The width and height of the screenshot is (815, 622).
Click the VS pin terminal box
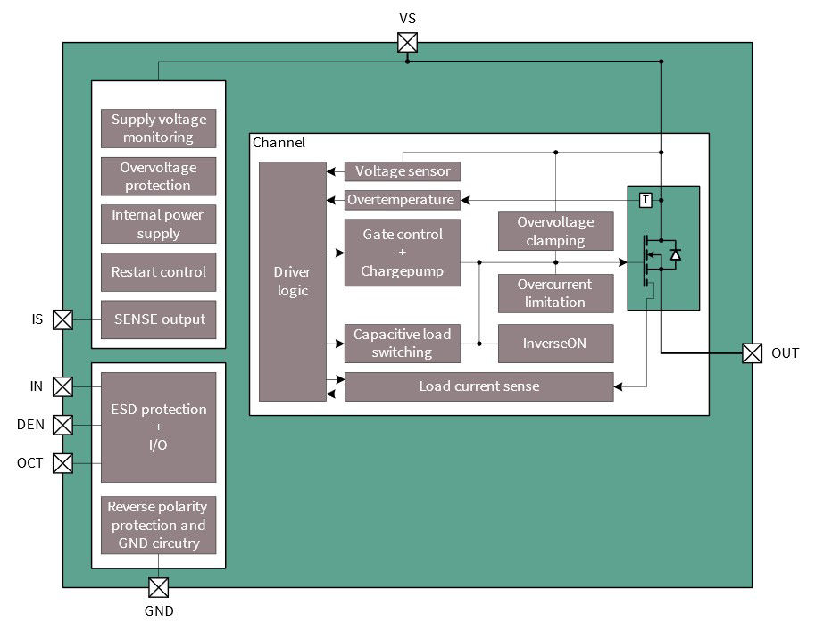(x=407, y=43)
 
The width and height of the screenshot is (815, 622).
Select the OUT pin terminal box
(x=753, y=353)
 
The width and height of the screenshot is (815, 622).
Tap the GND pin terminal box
(x=158, y=586)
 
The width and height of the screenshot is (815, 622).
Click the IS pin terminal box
(x=62, y=319)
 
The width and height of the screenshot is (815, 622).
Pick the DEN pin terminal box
(x=62, y=425)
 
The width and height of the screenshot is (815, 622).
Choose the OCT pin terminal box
(x=62, y=462)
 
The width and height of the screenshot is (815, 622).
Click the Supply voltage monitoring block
(x=158, y=129)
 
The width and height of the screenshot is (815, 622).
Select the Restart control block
(x=158, y=272)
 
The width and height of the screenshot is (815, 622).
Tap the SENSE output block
(x=158, y=319)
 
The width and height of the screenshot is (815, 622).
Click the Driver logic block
(x=293, y=281)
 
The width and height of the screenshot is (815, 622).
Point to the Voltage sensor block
(x=403, y=171)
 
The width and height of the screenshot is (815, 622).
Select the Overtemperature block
(x=402, y=200)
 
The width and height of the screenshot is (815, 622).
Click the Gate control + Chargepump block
(x=402, y=253)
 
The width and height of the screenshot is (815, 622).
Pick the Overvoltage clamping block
(x=555, y=231)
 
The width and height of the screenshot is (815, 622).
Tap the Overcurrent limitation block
(x=555, y=294)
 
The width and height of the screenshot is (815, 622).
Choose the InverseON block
(x=555, y=344)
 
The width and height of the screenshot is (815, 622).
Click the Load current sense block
(x=478, y=386)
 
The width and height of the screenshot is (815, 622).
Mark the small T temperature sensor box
(x=645, y=201)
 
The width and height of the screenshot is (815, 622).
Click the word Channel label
(x=279, y=143)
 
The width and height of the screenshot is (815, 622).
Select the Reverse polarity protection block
(x=158, y=525)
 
